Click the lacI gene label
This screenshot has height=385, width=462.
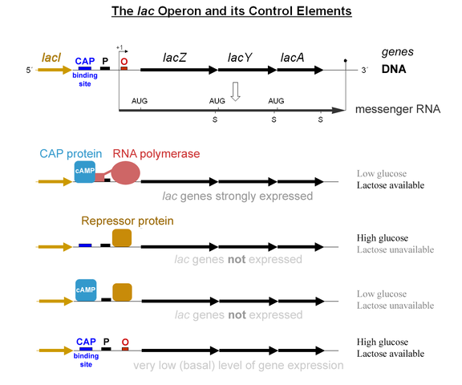pos(51,58)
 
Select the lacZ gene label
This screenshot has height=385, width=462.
pos(174,58)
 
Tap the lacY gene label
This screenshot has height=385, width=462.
pos(240,58)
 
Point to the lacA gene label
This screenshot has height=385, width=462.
pos(292,58)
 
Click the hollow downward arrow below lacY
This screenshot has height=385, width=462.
pos(235,91)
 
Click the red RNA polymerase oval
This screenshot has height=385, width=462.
pos(126,173)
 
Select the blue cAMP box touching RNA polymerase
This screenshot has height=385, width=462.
pos(85,172)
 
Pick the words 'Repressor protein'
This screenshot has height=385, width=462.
pos(128,221)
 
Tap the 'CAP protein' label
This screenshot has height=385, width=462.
pos(71,154)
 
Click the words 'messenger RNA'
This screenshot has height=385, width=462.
pos(398,109)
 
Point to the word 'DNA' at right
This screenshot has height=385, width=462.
pos(394,69)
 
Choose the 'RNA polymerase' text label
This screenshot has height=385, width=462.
pos(156,154)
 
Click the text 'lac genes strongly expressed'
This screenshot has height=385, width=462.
pos(237,197)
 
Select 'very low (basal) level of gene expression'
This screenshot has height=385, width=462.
pos(238,365)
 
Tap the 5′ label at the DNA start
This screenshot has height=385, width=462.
pos(29,70)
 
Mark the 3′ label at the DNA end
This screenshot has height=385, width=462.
pos(365,70)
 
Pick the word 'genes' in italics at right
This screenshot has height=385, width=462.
pos(398,52)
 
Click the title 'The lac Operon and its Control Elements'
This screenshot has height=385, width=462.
pos(232,11)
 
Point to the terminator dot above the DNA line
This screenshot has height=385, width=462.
pos(346,60)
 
